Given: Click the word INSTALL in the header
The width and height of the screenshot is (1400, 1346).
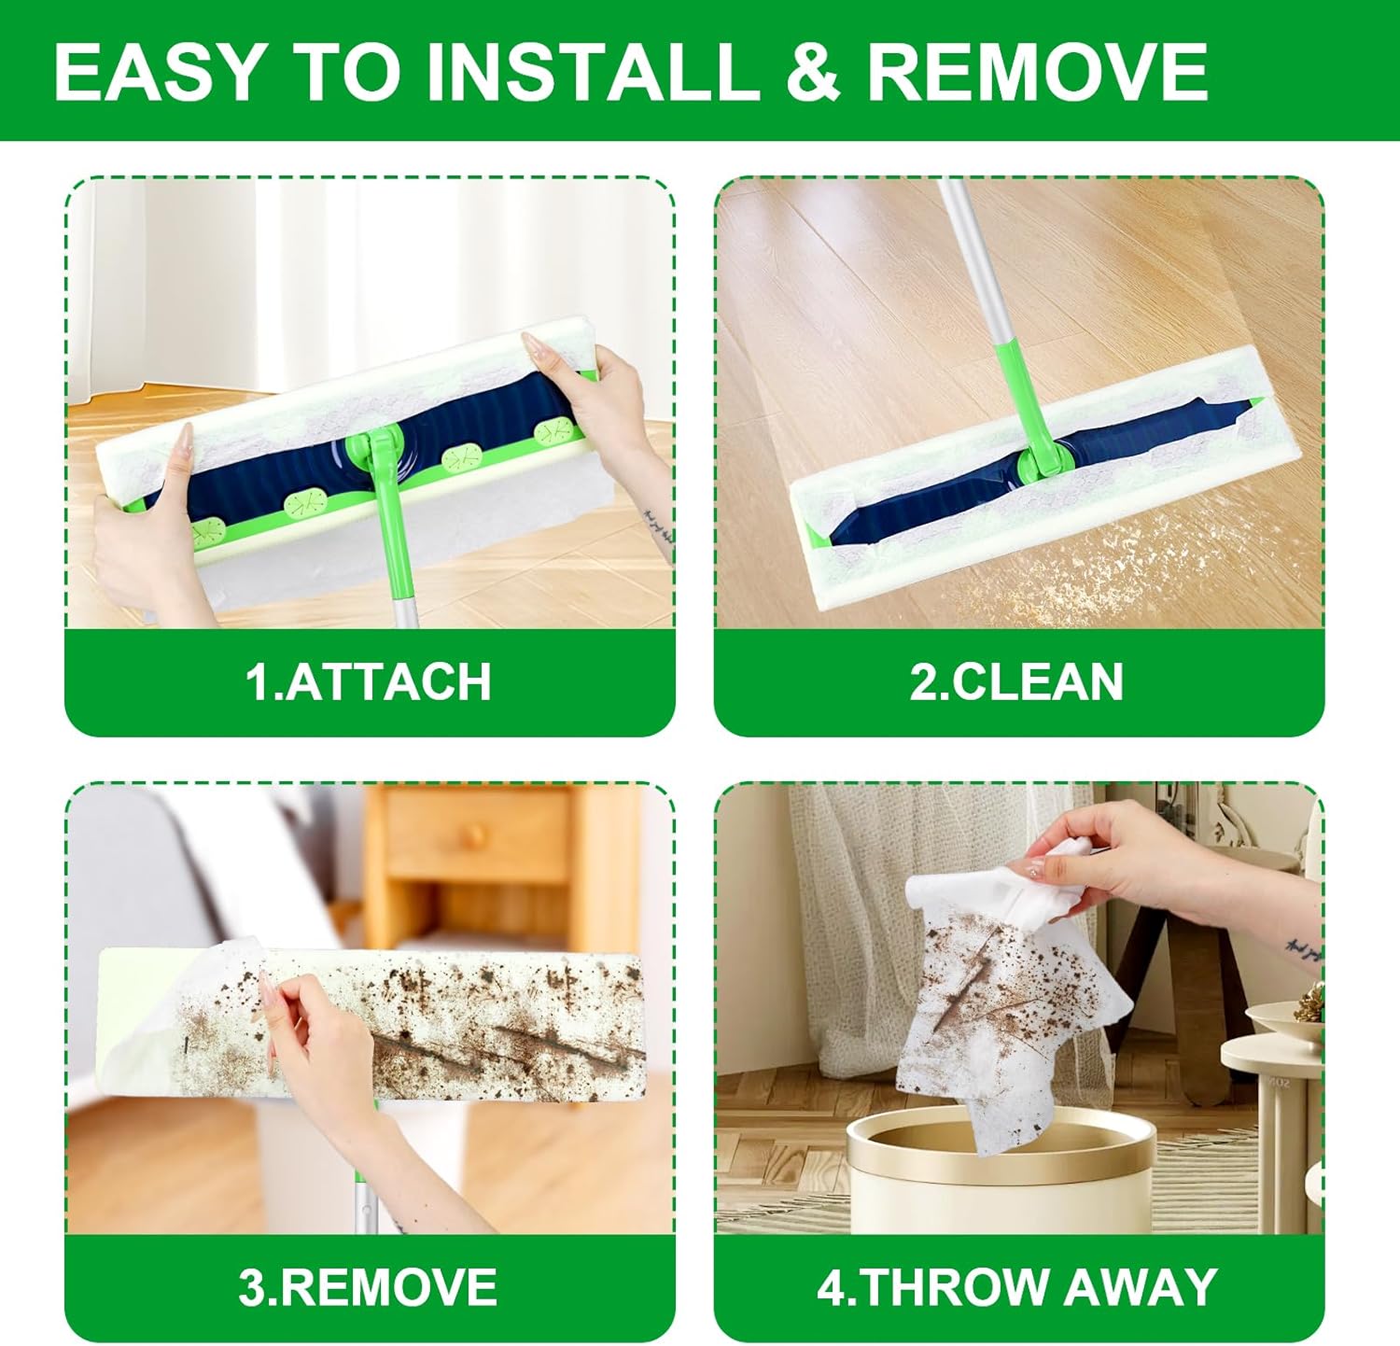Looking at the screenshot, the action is [x=594, y=72].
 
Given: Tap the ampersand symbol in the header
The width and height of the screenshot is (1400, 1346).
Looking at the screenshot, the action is [x=814, y=73].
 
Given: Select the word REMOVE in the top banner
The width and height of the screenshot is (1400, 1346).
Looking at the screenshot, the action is [x=1038, y=72].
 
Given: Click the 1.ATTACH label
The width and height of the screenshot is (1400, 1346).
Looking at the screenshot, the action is [x=369, y=681].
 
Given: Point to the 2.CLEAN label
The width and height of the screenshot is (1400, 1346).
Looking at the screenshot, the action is [x=1016, y=681].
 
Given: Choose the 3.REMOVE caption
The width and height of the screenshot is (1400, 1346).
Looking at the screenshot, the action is [x=368, y=1287].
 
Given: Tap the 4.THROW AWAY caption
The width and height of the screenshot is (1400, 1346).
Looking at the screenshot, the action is [x=1017, y=1287].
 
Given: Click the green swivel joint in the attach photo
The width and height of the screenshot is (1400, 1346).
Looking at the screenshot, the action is [x=375, y=454].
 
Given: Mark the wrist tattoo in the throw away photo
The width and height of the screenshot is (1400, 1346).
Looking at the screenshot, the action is [x=1304, y=950].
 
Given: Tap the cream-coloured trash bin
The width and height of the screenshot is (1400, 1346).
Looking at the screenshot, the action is [x=1000, y=1171].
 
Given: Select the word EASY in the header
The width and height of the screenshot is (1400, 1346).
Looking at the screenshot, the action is [x=160, y=72].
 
